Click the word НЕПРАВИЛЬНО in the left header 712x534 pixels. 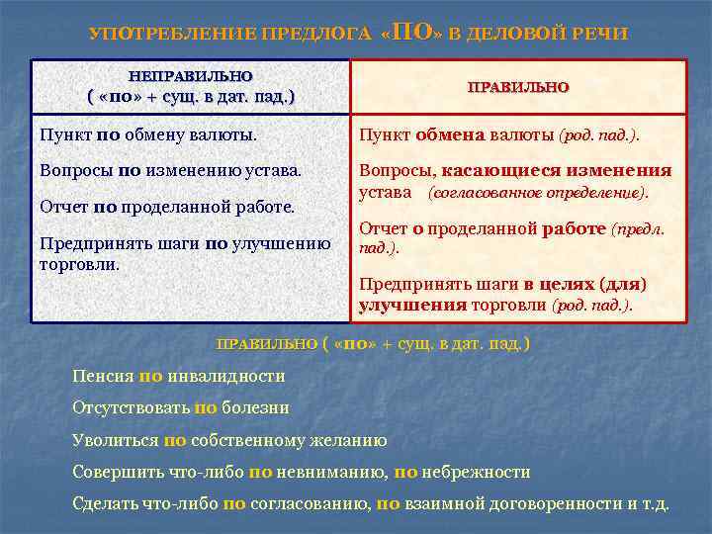point(191,75)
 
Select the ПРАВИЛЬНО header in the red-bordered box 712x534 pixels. point(518,87)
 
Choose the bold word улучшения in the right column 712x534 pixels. point(412,305)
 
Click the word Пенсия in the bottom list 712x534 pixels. point(104,376)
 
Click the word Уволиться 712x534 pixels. point(116,440)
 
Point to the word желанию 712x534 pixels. point(354,440)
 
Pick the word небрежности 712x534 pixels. point(478,472)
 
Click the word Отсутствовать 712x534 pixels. point(131,407)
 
